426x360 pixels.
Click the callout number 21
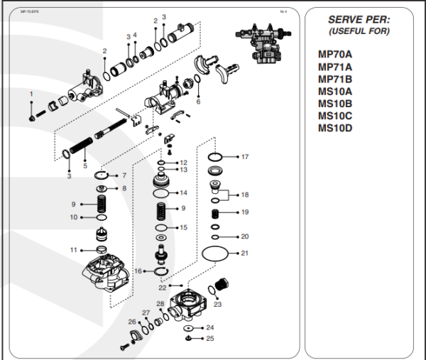click(x=244, y=253)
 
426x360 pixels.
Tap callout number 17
click(x=244, y=156)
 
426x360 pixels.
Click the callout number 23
click(x=218, y=305)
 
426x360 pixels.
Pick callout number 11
click(x=73, y=249)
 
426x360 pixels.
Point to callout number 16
click(x=138, y=271)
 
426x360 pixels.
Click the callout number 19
click(x=244, y=212)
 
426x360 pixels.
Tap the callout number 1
click(x=31, y=94)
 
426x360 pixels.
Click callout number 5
click(x=85, y=168)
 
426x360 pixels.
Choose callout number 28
click(x=160, y=304)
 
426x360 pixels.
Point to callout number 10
click(x=73, y=217)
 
